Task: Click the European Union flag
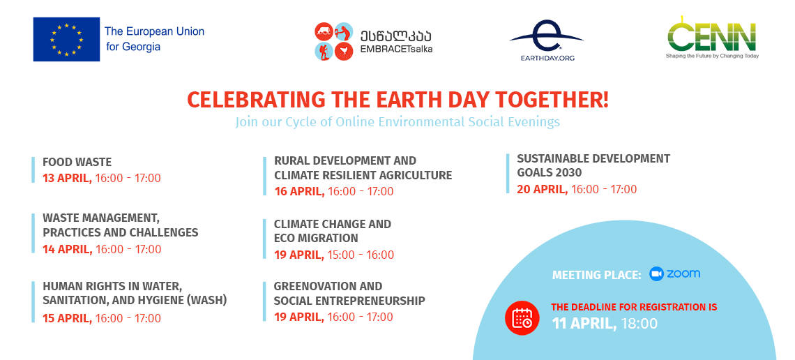pyautogui.click(x=66, y=40)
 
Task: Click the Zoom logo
pyautogui.click(x=675, y=273)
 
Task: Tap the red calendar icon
pyautogui.click(x=522, y=318)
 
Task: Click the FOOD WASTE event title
pyautogui.click(x=77, y=163)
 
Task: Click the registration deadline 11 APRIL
pyautogui.click(x=584, y=324)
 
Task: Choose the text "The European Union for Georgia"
pyautogui.click(x=155, y=39)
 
